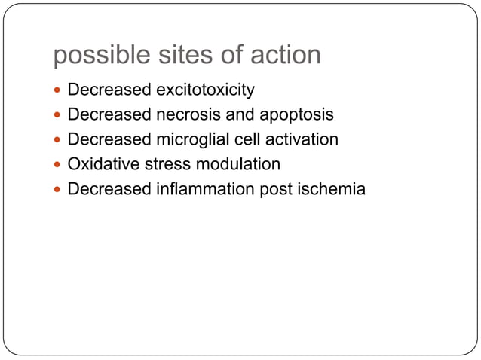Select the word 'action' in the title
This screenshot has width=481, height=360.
[283, 55]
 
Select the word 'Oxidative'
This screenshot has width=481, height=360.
[100, 164]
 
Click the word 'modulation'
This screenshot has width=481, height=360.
[234, 164]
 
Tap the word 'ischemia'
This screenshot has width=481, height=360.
[332, 189]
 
